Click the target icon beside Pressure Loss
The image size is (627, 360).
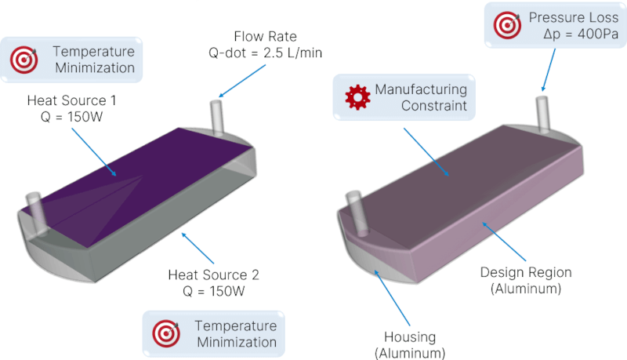tap(507, 25)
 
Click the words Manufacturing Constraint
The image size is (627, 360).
tap(420, 97)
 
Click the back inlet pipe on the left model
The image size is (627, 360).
tap(217, 118)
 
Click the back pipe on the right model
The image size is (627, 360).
tap(542, 114)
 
